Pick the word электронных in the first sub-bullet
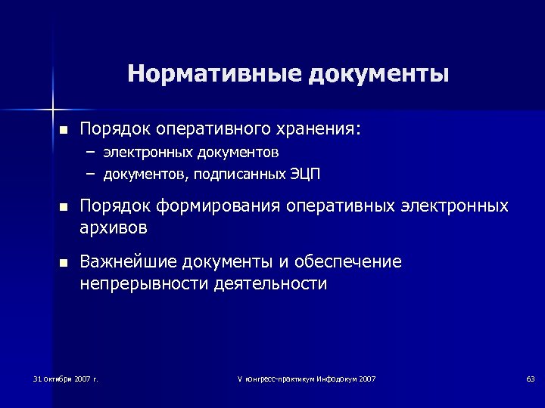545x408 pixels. (x=150, y=153)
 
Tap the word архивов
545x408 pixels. (x=114, y=227)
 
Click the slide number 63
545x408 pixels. (x=530, y=378)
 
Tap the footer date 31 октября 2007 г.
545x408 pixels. (x=67, y=378)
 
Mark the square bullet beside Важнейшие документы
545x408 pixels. (x=63, y=263)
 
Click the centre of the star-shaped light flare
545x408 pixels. (x=54, y=103)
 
